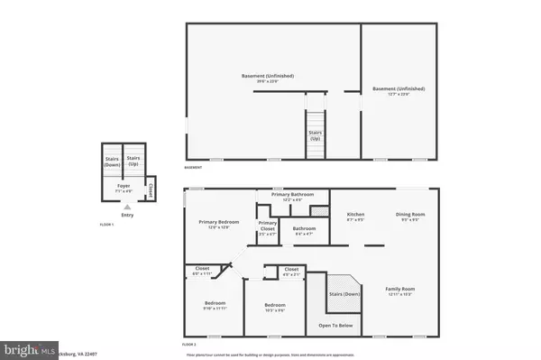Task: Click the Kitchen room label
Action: (x=356, y=216)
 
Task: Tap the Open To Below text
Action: (x=335, y=325)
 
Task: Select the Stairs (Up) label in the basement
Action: (x=315, y=137)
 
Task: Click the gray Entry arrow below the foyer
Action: (x=125, y=206)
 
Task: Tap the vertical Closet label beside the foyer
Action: (x=151, y=190)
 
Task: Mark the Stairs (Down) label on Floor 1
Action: (x=111, y=162)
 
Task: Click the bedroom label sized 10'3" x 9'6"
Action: (x=275, y=308)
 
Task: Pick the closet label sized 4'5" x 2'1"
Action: (x=291, y=271)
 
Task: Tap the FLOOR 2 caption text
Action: (x=188, y=345)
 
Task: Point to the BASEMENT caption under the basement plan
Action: (x=193, y=167)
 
